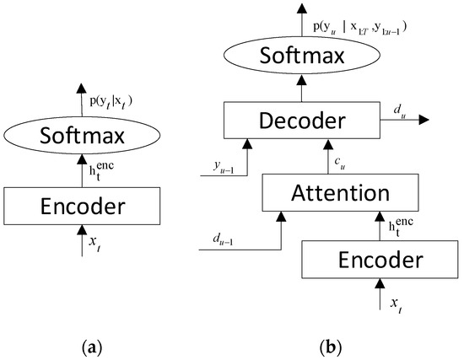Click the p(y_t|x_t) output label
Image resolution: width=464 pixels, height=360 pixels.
coord(111,100)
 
